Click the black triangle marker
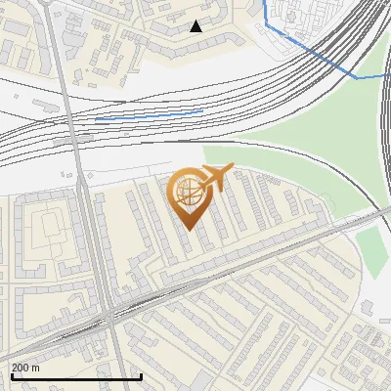point(195,26)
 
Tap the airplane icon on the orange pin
point(214,177)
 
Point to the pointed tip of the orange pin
point(187,229)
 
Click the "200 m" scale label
point(26,368)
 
